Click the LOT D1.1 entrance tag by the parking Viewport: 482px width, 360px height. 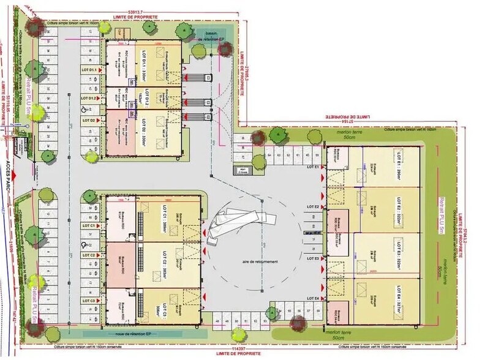(88, 70)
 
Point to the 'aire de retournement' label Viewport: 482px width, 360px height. (260, 261)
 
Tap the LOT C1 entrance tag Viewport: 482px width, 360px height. (88, 226)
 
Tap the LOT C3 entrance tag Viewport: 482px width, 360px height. (88, 301)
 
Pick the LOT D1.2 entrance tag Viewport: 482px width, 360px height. (88, 98)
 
